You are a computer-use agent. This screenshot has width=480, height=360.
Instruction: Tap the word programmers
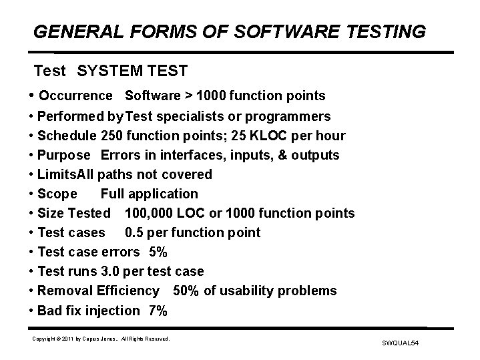pos(291,116)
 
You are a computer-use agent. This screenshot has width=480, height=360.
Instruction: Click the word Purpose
pos(63,155)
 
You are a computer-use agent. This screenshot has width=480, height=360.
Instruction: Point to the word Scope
pos(57,194)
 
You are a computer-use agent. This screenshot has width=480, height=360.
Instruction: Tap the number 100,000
pos(148,213)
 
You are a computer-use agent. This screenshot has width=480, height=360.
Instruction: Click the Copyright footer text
pos(101,339)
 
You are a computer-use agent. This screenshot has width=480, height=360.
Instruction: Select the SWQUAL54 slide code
pos(399,343)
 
